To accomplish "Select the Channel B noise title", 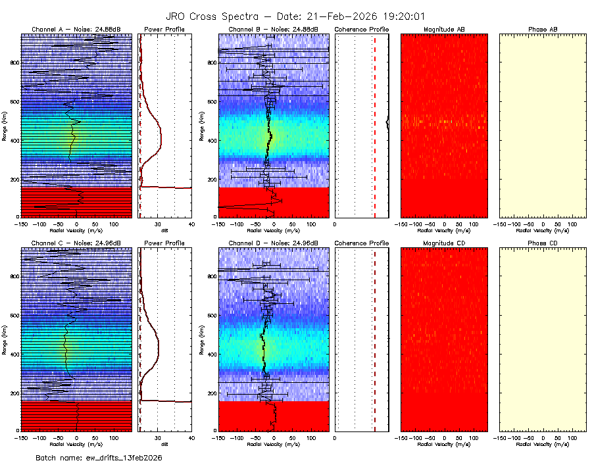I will coord(273,30).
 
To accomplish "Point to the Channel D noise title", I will coord(273,243).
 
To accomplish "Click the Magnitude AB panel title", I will coord(444,30).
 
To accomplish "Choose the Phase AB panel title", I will coord(543,30).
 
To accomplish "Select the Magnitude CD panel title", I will coord(444,243).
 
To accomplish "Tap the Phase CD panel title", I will coord(543,243).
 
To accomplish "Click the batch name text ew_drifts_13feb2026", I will coord(99,457).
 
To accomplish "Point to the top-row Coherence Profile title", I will coord(362,30).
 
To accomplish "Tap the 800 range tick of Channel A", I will coord(14,62).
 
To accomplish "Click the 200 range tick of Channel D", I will coord(210,393).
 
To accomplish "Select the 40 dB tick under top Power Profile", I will coord(191,224).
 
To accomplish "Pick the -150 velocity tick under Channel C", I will coord(21,437).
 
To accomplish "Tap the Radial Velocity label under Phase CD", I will coord(543,443).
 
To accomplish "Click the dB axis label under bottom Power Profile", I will coord(164,443).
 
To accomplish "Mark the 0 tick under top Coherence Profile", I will coord(335,224).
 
